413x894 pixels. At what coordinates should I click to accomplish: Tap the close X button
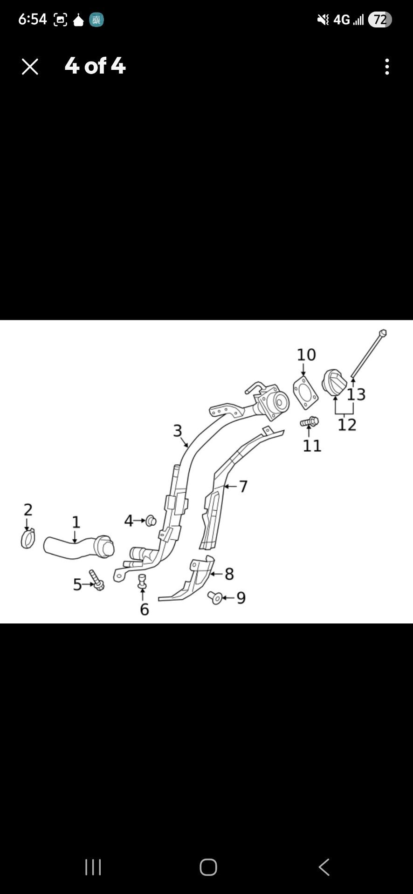point(30,67)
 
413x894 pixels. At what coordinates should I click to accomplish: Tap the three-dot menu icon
point(387,67)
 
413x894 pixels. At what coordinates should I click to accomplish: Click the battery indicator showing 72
point(380,20)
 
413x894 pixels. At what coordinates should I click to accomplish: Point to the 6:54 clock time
point(33,19)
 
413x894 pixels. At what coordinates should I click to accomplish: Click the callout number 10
point(306,355)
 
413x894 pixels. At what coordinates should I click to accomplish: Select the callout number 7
point(243,487)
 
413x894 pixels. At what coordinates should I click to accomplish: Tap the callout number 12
point(347,425)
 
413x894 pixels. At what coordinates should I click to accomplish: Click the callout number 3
point(177,431)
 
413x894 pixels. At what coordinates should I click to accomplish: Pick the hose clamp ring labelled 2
point(28,539)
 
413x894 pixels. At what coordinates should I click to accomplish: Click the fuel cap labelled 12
point(334,383)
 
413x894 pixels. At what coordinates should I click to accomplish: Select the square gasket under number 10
point(306,393)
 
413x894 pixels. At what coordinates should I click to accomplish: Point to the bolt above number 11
point(310,422)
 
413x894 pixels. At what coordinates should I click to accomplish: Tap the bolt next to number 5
point(96,580)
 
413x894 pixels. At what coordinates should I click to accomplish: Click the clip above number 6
point(142,581)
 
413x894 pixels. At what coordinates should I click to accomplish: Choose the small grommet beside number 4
point(151,521)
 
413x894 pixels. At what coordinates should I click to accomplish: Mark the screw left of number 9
point(214,597)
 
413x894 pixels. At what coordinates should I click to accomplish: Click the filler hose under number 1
point(78,546)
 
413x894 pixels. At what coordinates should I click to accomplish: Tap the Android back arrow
point(324,867)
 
